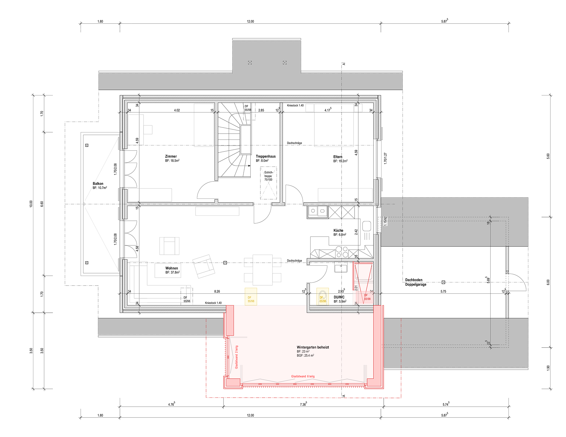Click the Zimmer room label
click(171, 156)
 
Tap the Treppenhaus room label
click(265, 156)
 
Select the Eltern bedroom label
click(338, 157)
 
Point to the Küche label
click(338, 230)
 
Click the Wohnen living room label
click(171, 268)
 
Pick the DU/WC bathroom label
click(339, 297)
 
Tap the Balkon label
click(98, 184)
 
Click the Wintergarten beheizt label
click(313, 347)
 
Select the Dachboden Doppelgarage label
click(416, 282)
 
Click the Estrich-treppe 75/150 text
click(269, 176)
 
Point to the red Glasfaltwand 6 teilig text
click(303, 376)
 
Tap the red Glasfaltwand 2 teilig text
click(237, 357)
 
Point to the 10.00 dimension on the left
click(31, 204)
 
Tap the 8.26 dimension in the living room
click(217, 291)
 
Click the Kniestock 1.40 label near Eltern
click(295, 106)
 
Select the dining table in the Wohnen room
click(263, 270)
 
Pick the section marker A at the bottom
click(344, 396)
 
